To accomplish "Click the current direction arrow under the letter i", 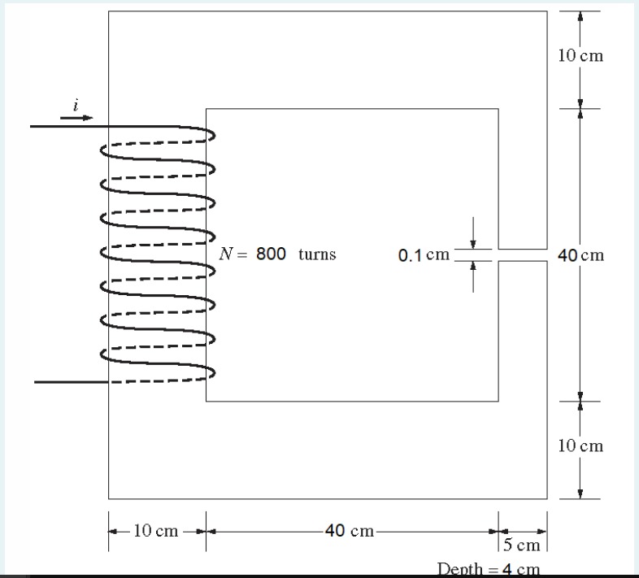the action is click(76, 118).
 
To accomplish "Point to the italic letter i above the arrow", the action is click(76, 105).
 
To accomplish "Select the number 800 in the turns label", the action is click(271, 254).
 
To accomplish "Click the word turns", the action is click(317, 254).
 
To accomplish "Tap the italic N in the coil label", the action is click(225, 254).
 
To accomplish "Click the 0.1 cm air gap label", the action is click(424, 255).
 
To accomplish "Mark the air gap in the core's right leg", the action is click(523, 254).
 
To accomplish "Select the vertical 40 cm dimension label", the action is click(580, 255).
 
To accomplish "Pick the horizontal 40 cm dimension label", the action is click(350, 531).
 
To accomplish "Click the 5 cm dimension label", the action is click(522, 545).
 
